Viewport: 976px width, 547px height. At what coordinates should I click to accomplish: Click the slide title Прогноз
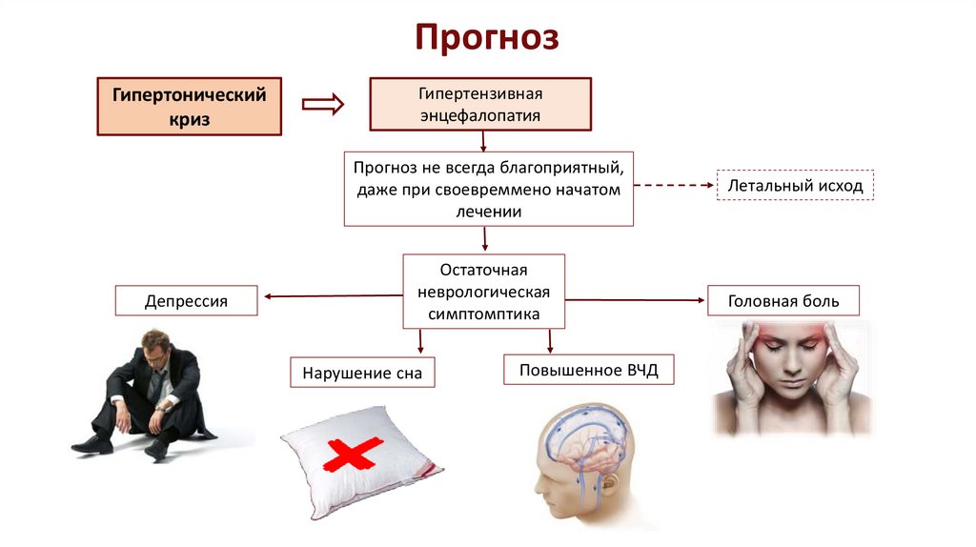pos(487,38)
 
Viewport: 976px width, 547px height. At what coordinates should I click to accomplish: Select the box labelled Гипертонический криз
pos(189,107)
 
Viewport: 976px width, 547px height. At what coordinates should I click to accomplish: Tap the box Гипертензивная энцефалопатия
pos(480,105)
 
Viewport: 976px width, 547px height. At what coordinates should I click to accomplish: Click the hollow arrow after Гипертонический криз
pos(323,104)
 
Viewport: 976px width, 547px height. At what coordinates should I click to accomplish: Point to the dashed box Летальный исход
pos(795,186)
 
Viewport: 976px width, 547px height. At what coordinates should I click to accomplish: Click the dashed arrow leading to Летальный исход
pos(674,186)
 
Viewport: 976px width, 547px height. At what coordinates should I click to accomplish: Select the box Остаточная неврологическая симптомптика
pos(484,292)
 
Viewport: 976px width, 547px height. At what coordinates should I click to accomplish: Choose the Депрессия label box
pos(186,301)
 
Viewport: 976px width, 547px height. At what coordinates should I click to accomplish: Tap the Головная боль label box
pos(783,301)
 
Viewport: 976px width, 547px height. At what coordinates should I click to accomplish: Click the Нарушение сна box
pos(362,372)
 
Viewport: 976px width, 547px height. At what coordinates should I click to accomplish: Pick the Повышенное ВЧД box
pos(588,369)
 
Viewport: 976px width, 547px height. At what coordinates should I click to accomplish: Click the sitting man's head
pos(155,344)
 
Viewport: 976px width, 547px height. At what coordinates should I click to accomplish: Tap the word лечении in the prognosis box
pos(488,212)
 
